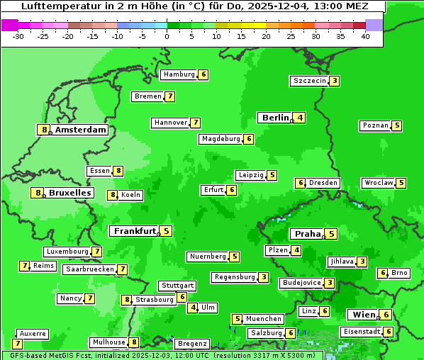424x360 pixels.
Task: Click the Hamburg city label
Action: click(179, 74)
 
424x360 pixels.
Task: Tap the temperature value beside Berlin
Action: click(301, 118)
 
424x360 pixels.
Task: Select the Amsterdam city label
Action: click(80, 130)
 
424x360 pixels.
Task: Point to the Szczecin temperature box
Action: click(334, 81)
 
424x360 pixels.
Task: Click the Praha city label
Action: click(308, 234)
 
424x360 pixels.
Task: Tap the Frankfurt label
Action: click(135, 231)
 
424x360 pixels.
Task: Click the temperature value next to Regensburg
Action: click(263, 277)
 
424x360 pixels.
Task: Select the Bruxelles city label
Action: click(69, 193)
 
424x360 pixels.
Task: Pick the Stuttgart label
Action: click(177, 286)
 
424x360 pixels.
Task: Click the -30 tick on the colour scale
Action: click(18, 36)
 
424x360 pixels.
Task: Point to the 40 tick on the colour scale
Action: click(364, 36)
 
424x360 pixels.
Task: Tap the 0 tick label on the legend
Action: click(167, 36)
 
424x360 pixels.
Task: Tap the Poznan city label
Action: click(375, 125)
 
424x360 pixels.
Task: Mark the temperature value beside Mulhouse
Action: click(134, 342)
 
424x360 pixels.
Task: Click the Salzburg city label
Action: click(266, 333)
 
